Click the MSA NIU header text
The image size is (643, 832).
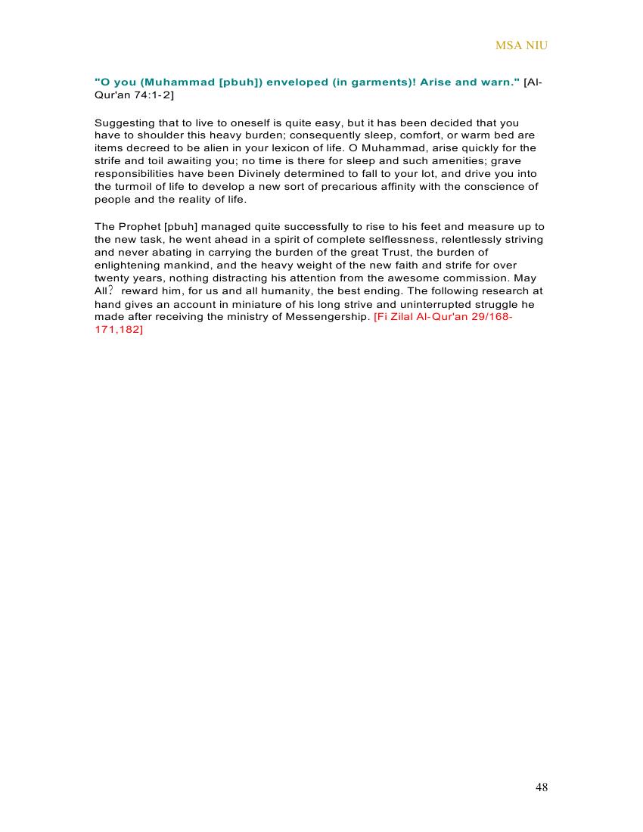[x=521, y=45]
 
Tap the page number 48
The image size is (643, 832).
[x=541, y=787]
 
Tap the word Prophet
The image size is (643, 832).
[x=138, y=227]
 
